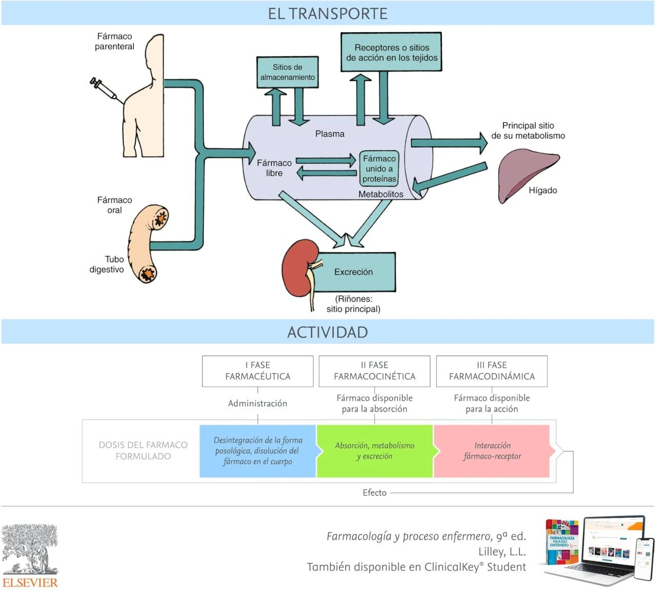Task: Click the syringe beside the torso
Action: pyautogui.click(x=104, y=89)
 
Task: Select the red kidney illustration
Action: pyautogui.click(x=296, y=266)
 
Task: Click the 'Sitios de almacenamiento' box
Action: pyautogui.click(x=287, y=72)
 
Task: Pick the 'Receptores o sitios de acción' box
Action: pyautogui.click(x=392, y=53)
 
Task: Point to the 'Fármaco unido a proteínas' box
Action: pyautogui.click(x=379, y=168)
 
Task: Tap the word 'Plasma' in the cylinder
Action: pyautogui.click(x=330, y=134)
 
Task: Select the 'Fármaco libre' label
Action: pyautogui.click(x=274, y=168)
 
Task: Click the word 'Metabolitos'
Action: pyautogui.click(x=380, y=195)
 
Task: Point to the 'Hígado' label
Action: pyautogui.click(x=543, y=191)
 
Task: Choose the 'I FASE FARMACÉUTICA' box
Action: pyautogui.click(x=258, y=371)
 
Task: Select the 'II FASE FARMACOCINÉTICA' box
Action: pyautogui.click(x=375, y=371)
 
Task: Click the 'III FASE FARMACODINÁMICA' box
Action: pyautogui.click(x=492, y=371)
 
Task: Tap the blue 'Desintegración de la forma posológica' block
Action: pyautogui.click(x=258, y=451)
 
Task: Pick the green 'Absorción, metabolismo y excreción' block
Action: pyautogui.click(x=375, y=451)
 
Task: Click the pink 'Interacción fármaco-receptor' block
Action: pyautogui.click(x=492, y=451)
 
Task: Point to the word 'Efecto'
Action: pyautogui.click(x=375, y=493)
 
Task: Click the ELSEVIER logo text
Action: pyautogui.click(x=30, y=582)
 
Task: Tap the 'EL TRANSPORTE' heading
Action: pyautogui.click(x=327, y=14)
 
